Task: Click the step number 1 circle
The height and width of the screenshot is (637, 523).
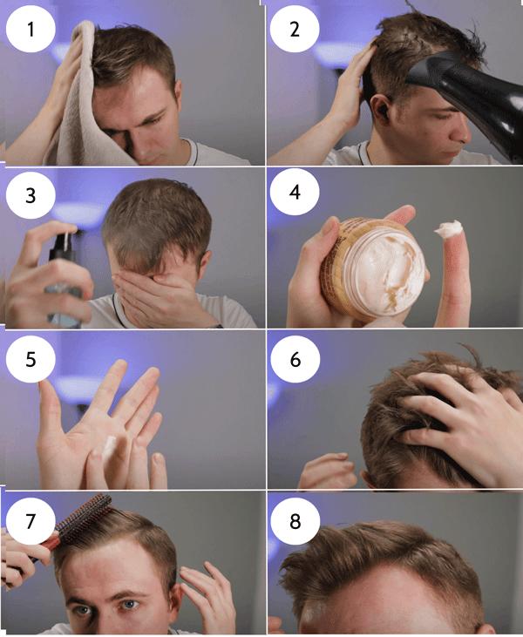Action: (x=31, y=29)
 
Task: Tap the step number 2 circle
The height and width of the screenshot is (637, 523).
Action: (x=295, y=29)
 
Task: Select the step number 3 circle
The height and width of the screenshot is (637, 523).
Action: (x=31, y=195)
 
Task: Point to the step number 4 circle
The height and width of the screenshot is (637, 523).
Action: (x=295, y=192)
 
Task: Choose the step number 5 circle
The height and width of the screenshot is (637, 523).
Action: (x=31, y=359)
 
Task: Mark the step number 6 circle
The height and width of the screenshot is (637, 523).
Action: (x=295, y=359)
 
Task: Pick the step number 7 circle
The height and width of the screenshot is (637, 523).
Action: (x=31, y=521)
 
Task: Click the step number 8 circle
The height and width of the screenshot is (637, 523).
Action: (x=295, y=521)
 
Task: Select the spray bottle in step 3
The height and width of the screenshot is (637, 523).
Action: (x=65, y=281)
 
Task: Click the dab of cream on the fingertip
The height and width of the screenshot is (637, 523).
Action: (x=449, y=228)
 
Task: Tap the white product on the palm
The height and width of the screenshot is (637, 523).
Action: (x=109, y=449)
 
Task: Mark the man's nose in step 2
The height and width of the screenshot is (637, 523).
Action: (x=461, y=132)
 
